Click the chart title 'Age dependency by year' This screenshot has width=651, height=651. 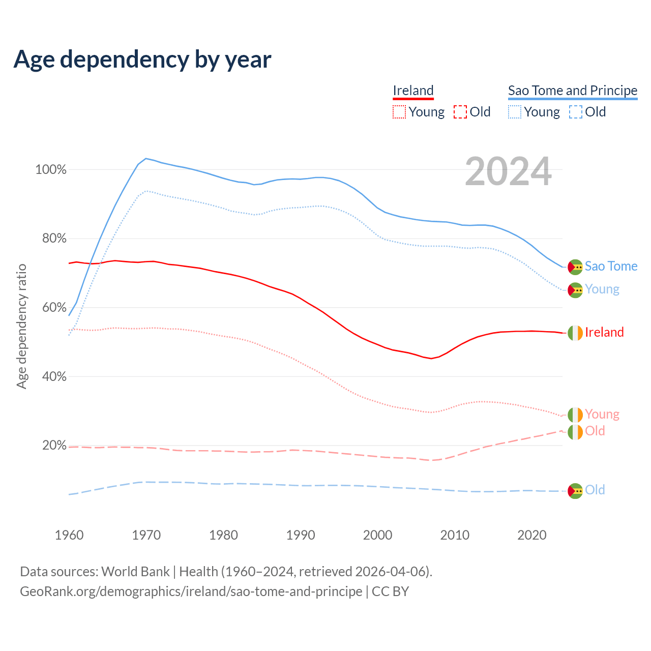pos(142,60)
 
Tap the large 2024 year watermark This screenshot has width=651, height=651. pos(508,172)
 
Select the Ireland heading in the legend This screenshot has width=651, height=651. pos(413,91)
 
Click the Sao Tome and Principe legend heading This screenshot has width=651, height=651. pos(573,91)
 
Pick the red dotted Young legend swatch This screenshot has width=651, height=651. pos(399,112)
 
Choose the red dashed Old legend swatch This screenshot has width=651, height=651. pos(460,112)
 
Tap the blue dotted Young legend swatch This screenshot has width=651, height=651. pos(515,112)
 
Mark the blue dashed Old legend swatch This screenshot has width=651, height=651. pos(576,112)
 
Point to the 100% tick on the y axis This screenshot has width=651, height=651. pos(51,170)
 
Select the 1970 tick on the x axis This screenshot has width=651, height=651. pos(146,535)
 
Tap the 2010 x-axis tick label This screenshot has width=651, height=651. pos(455,535)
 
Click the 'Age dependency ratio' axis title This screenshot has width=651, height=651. pos(21,326)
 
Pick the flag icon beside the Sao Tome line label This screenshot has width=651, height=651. pos(575,267)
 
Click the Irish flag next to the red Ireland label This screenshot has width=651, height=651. pos(575,333)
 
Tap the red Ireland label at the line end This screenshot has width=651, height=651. pos(604,333)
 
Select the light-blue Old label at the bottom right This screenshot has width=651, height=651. pos(595,490)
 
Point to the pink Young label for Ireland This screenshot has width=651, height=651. pos(602,414)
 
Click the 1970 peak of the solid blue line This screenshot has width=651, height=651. pos(146,159)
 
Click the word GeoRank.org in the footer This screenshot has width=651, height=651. pos(52,591)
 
